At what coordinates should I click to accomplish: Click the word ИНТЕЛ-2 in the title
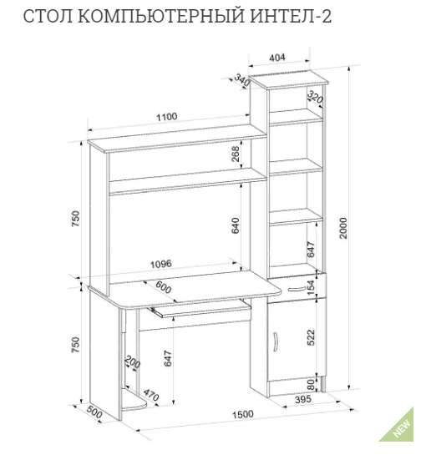click(291, 17)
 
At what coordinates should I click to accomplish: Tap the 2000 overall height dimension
click(343, 228)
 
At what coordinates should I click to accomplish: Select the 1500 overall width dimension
click(243, 414)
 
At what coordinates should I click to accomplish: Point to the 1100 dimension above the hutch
click(167, 117)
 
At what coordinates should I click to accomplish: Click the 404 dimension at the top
click(277, 58)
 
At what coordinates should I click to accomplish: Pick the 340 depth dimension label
click(242, 80)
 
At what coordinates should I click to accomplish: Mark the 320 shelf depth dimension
click(315, 97)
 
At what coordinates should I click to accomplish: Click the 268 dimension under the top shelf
click(236, 154)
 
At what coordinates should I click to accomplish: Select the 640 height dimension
click(236, 225)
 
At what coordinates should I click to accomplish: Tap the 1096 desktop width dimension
click(161, 264)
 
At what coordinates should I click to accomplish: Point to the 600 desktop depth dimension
click(163, 287)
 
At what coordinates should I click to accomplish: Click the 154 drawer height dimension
click(311, 289)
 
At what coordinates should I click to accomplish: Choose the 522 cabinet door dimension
click(311, 337)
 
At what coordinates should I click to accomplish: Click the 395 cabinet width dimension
click(302, 399)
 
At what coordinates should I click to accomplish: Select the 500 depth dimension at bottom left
click(94, 413)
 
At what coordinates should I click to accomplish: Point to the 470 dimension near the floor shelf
click(151, 396)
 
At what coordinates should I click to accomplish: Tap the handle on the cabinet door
click(276, 341)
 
